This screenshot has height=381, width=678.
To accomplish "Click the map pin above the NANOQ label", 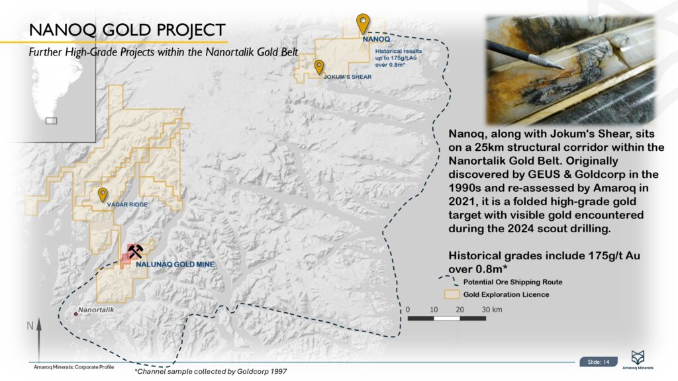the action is coord(363,23).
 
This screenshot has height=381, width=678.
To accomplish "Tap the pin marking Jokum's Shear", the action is coord(318,67).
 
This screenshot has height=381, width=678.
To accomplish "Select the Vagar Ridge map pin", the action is coord(103,194).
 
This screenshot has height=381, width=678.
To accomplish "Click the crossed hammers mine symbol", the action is coord(135,251).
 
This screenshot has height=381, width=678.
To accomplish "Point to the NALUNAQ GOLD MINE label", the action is coord(175,265).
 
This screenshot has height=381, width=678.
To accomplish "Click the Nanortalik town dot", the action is coord(75,314).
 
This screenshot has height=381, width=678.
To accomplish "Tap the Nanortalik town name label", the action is coord(96,310).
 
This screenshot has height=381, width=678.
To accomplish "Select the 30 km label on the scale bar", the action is coord(492,310).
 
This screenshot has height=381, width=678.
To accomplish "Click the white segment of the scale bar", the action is coord(447,319).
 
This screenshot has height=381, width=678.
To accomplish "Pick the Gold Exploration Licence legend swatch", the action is coord(452,294).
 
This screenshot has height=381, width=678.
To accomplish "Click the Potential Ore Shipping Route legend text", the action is coord(513,282).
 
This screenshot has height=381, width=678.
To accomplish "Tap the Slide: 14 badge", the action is coord(599,362).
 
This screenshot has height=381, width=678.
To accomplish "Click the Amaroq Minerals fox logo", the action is coord(638,358).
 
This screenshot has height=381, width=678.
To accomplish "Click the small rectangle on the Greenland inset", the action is coord(52,121).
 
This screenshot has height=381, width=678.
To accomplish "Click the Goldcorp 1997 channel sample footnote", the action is coord(211,372).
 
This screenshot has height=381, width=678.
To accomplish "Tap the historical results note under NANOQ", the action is coord(398,58).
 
